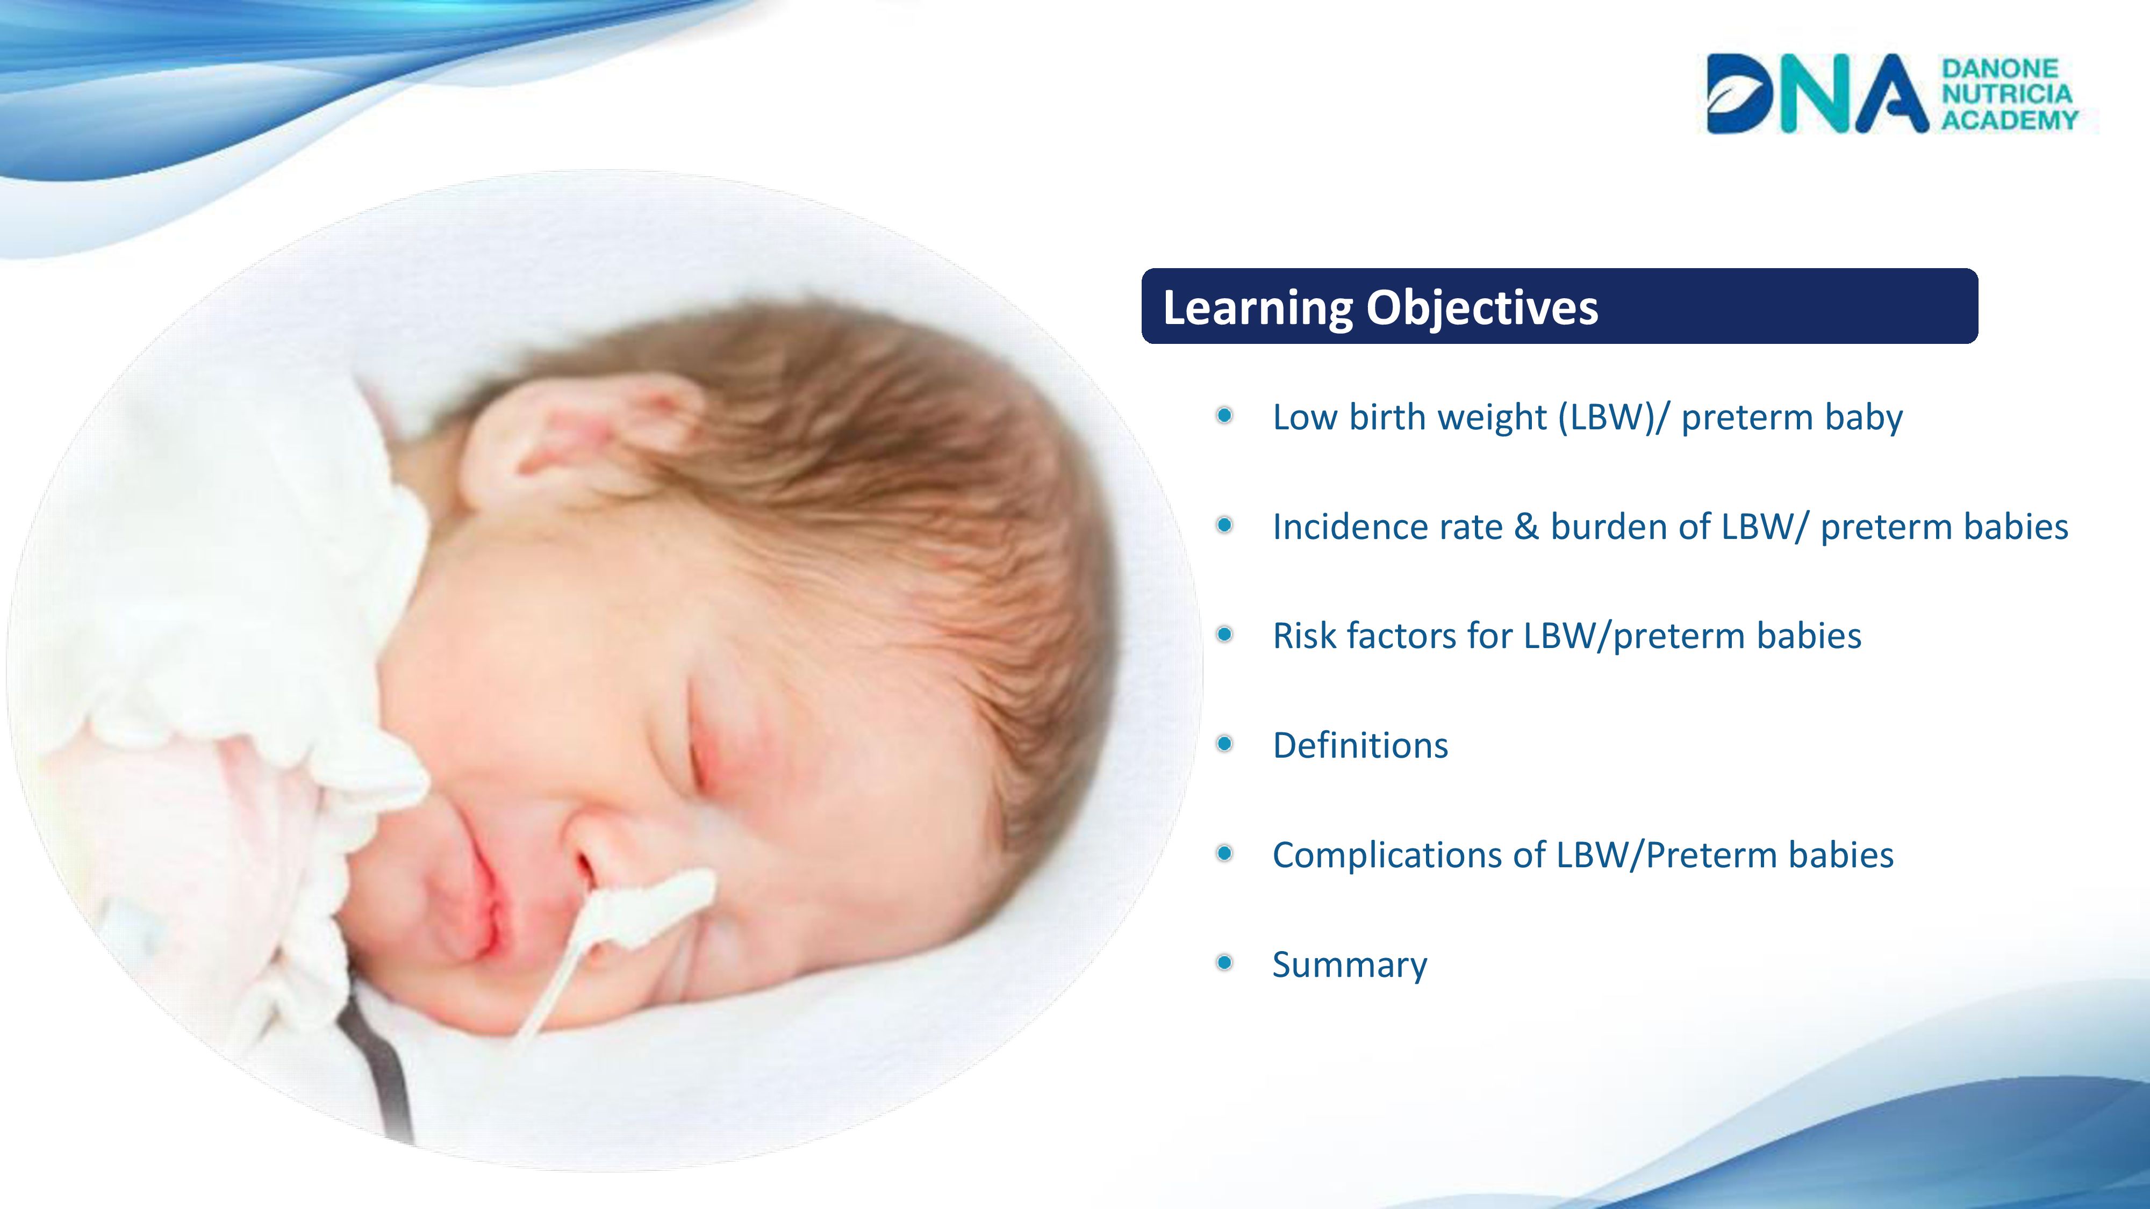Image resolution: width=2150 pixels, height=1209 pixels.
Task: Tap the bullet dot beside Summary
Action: click(1224, 963)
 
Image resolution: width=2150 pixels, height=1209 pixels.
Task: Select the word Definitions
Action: click(1360, 745)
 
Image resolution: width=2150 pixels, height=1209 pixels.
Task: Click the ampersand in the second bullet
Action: click(1526, 527)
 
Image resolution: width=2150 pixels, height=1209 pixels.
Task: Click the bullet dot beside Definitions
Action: click(1224, 744)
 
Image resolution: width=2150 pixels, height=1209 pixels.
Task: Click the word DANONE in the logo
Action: click(1999, 68)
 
